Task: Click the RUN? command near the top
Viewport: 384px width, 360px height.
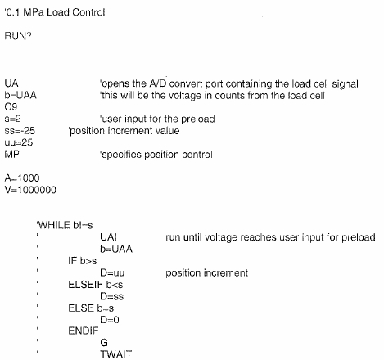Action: point(18,36)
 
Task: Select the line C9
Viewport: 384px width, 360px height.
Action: point(11,106)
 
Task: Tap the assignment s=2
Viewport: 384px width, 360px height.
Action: point(12,119)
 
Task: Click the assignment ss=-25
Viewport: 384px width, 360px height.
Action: point(20,131)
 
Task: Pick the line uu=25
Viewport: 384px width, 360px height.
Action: point(19,142)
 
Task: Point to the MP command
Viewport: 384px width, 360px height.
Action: point(11,155)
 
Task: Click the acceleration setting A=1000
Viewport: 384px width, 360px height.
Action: point(22,178)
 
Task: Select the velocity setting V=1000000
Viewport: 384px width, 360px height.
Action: point(30,190)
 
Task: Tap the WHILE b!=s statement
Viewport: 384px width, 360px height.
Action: point(65,225)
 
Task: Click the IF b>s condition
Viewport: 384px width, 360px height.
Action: point(83,261)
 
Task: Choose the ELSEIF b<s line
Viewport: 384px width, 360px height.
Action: point(96,285)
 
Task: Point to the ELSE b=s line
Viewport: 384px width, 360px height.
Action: point(91,308)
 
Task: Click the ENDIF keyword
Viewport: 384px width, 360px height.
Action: point(84,331)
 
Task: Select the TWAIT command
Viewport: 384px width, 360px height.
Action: point(116,354)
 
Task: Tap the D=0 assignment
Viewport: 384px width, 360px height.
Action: point(110,320)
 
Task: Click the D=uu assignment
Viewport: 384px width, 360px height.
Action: point(112,272)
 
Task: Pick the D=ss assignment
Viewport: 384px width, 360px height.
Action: point(112,296)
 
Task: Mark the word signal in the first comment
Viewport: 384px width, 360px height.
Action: point(345,84)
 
